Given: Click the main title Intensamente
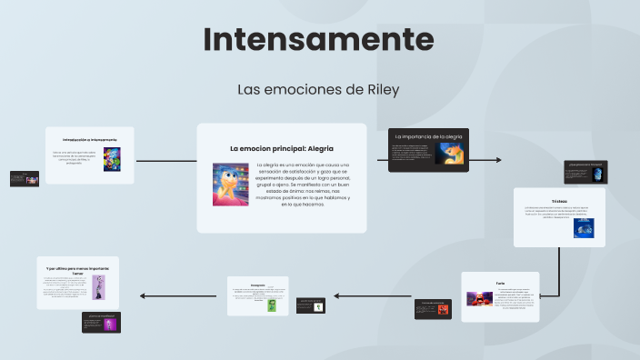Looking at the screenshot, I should pyautogui.click(x=318, y=39).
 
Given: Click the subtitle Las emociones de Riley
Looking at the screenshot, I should pyautogui.click(x=318, y=90).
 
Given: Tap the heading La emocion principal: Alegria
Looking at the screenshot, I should pyautogui.click(x=282, y=148).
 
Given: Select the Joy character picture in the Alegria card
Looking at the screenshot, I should pyautogui.click(x=231, y=184).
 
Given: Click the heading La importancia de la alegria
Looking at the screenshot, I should pyautogui.click(x=428, y=135).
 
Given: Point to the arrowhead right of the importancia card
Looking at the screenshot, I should pyautogui.click(x=497, y=160).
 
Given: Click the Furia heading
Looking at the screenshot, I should pyautogui.click(x=500, y=283).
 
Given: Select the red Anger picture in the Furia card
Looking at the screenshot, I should pyautogui.click(x=476, y=298).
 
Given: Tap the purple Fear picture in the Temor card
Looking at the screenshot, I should pyautogui.click(x=97, y=287).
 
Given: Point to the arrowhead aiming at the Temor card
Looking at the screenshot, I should pyautogui.click(x=142, y=295).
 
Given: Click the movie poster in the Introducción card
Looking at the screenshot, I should pyautogui.click(x=112, y=158).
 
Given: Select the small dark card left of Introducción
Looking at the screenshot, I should pyautogui.click(x=25, y=178).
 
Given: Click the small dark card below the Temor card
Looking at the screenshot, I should pyautogui.click(x=101, y=323).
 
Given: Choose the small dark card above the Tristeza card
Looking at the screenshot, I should pyautogui.click(x=585, y=171).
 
